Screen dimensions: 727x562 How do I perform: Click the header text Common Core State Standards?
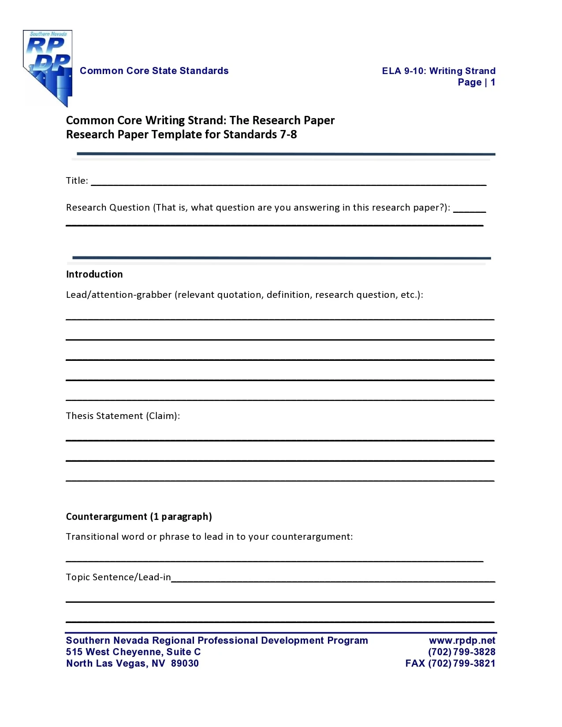154,71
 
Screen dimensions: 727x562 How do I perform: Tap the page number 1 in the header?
493,82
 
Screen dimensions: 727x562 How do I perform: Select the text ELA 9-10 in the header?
402,71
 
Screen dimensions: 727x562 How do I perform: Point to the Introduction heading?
94,274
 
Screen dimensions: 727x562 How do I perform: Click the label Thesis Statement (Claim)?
123,416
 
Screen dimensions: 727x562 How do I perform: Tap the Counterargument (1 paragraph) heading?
139,516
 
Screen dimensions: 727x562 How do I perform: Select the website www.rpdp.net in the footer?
462,641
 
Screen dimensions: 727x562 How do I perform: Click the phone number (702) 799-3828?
462,652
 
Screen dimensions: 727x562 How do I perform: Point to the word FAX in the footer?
415,664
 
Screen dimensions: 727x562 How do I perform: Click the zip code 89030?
185,664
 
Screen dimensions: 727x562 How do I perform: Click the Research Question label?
108,208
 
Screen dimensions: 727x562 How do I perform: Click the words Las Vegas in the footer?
125,664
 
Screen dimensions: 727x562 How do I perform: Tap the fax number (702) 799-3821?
462,664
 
